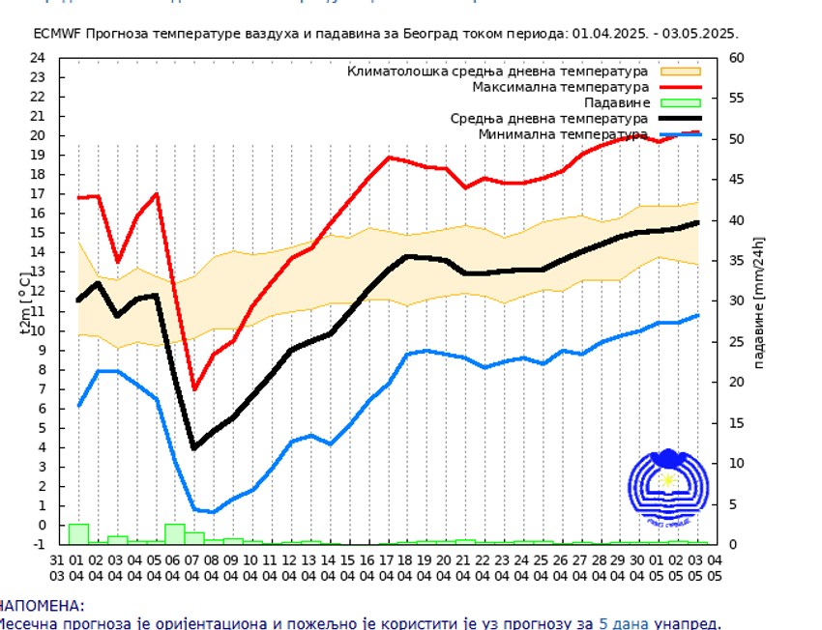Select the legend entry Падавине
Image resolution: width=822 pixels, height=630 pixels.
[616, 102]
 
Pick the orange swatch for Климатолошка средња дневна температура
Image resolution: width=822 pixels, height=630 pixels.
[680, 72]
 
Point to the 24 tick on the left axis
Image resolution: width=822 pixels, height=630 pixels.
[38, 57]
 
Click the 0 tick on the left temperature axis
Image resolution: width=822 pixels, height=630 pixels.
[42, 525]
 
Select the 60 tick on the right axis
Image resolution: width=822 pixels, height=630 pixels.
[736, 57]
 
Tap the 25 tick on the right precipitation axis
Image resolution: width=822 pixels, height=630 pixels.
[736, 341]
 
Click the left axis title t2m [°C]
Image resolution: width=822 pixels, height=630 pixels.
[26, 301]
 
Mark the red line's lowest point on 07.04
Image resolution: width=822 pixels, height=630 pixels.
[194, 388]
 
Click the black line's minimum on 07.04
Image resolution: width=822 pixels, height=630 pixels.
[194, 447]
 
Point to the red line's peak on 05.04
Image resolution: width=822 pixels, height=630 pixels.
[156, 194]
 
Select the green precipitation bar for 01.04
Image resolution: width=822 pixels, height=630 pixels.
[78, 533]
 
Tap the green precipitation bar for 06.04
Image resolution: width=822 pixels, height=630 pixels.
[175, 533]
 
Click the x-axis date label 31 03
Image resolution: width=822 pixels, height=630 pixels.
[58, 567]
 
